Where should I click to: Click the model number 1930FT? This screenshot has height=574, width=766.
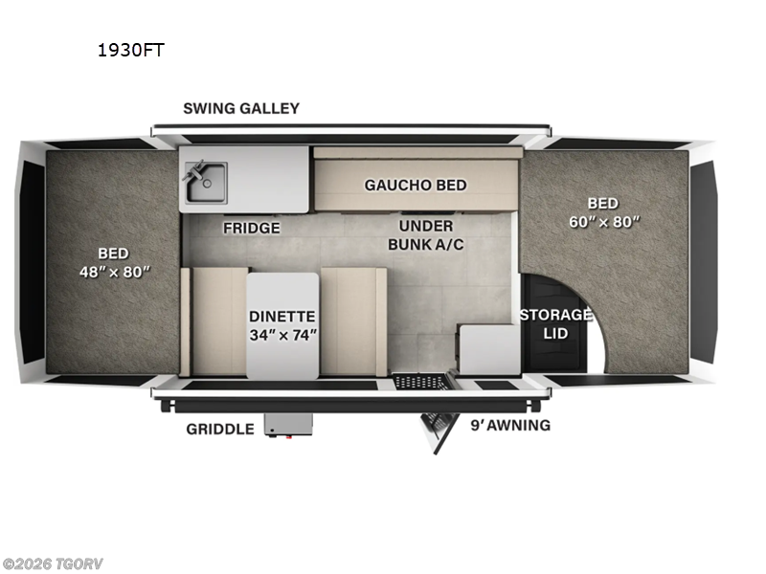130,51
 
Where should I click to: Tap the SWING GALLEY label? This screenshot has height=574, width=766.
241,108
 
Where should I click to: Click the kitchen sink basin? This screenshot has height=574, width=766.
206,182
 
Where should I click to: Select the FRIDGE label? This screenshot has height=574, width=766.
252,228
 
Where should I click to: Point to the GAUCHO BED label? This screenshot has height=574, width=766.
416,185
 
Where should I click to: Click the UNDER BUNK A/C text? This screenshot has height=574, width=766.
426,234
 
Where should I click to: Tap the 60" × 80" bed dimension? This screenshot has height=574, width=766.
602,221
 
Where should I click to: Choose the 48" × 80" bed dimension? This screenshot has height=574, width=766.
115,272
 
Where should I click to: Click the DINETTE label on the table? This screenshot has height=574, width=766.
282,316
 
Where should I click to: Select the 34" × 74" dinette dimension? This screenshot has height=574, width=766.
282,335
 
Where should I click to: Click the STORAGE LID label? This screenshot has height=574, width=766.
555,323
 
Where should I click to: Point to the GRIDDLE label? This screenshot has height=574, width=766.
220,429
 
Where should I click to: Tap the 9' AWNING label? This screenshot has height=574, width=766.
509,425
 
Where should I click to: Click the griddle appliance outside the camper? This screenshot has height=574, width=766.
288,424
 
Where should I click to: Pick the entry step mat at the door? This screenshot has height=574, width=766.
421,382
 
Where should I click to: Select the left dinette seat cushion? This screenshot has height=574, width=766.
218,321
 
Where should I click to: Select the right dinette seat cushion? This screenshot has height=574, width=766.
352,321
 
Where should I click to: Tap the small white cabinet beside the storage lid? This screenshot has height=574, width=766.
488,349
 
